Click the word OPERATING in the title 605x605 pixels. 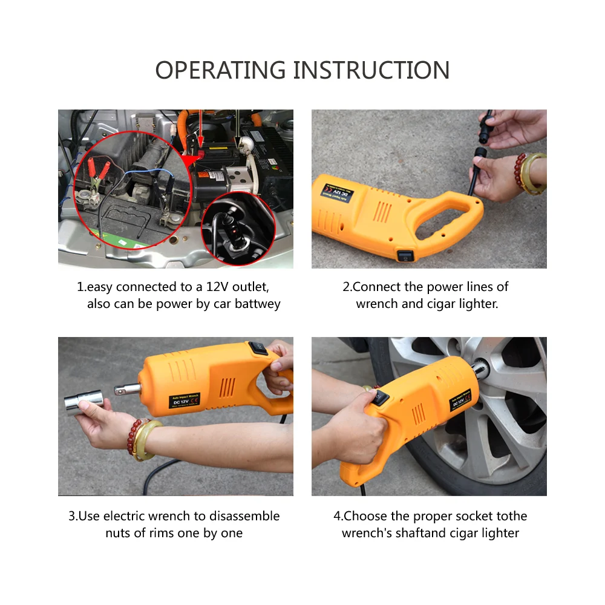point(221,70)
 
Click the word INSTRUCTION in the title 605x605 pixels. point(371,70)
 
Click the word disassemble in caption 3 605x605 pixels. point(244,516)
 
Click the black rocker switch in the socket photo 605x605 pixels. point(258,348)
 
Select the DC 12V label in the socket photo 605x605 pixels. point(184,401)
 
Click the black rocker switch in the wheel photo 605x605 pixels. point(381,399)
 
